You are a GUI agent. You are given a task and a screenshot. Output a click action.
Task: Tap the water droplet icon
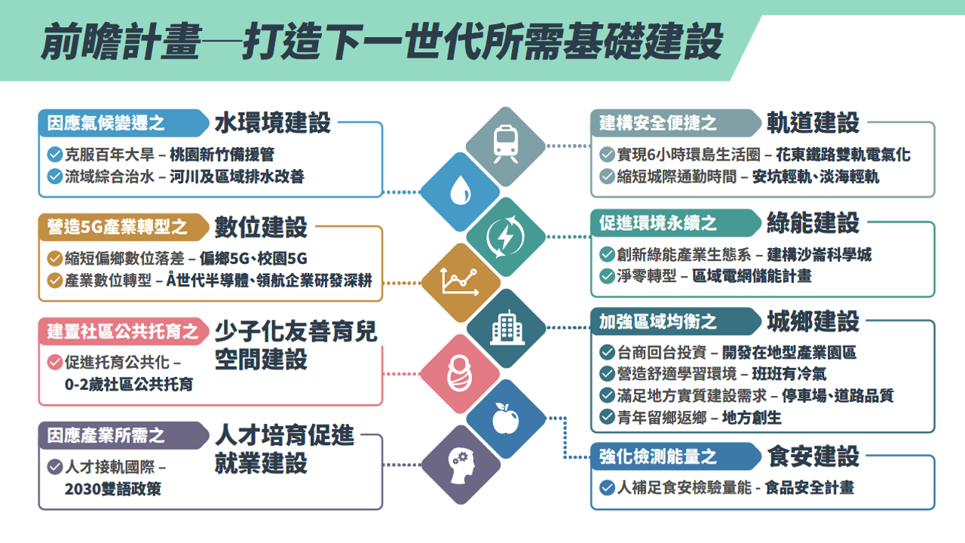[x=459, y=192]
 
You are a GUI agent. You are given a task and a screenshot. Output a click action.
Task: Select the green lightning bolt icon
[x=505, y=237]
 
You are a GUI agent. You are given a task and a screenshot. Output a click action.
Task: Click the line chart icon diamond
[x=460, y=282]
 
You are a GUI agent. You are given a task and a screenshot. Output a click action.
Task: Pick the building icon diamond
[x=505, y=328]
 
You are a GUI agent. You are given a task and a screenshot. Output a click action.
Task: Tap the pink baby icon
[x=459, y=373]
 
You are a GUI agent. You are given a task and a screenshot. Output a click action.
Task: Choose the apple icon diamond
[x=505, y=419]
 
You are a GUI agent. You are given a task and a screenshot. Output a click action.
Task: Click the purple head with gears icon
[x=460, y=465]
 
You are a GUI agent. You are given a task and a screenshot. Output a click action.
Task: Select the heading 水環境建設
[x=272, y=122]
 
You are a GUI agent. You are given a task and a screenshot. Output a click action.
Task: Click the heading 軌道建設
[x=813, y=122]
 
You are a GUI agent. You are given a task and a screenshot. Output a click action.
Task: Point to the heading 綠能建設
[x=813, y=222]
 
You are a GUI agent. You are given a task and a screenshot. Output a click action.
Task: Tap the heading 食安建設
[x=813, y=456]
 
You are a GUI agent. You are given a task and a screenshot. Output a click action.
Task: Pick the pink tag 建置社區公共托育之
[x=123, y=331]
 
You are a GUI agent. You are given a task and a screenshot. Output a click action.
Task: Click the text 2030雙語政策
[x=113, y=489]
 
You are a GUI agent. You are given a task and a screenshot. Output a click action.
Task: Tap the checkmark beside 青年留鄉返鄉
[x=607, y=417]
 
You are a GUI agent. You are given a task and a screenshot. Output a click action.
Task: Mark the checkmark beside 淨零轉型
[x=607, y=276]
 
